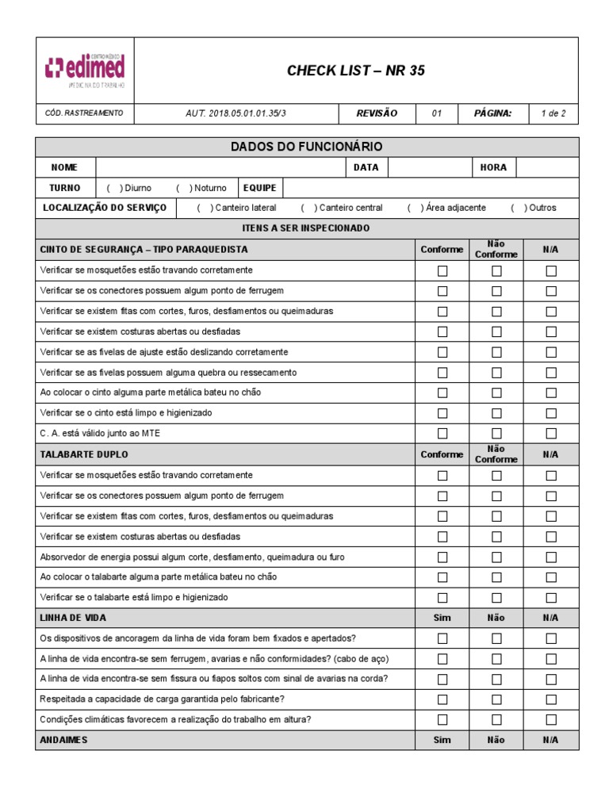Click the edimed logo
pyautogui.click(x=85, y=70)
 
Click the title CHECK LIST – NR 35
pyautogui.click(x=355, y=71)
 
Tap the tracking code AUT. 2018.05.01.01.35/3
pyautogui.click(x=236, y=113)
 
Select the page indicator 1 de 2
pyautogui.click(x=553, y=113)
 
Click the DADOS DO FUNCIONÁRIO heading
pyautogui.click(x=306, y=147)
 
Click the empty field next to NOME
pyautogui.click(x=220, y=167)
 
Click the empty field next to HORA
pyautogui.click(x=547, y=167)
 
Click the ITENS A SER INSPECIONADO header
pyautogui.click(x=306, y=228)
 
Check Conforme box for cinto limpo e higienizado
pyautogui.click(x=442, y=413)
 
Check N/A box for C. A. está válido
pyautogui.click(x=551, y=434)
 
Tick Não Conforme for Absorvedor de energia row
pyautogui.click(x=496, y=557)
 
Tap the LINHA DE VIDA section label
pyautogui.click(x=73, y=618)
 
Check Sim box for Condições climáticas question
pyautogui.click(x=442, y=719)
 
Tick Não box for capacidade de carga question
pyautogui.click(x=496, y=699)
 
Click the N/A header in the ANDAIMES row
pyautogui.click(x=551, y=740)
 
